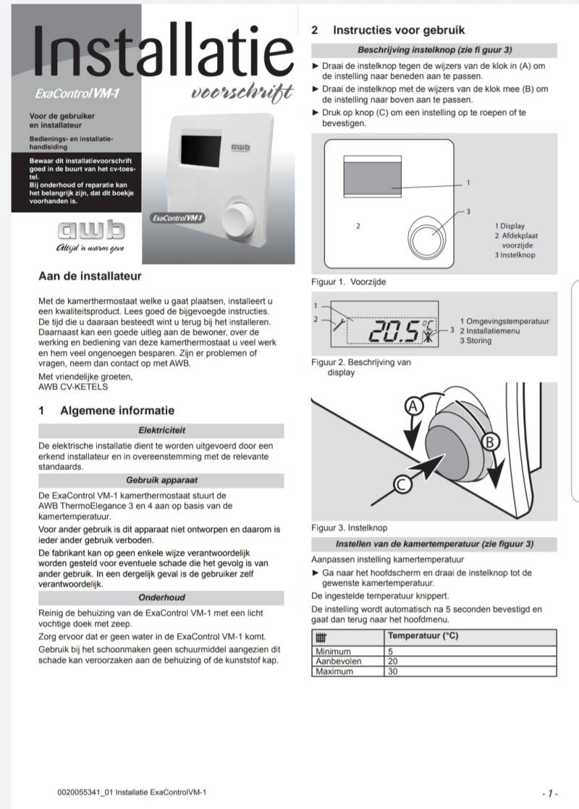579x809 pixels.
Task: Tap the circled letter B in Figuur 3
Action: pyautogui.click(x=489, y=440)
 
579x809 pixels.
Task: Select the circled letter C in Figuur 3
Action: pyautogui.click(x=404, y=485)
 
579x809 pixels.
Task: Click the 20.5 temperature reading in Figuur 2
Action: pyautogui.click(x=394, y=331)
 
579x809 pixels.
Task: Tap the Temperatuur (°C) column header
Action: pyautogui.click(x=423, y=637)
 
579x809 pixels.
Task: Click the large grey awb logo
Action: pyautogui.click(x=90, y=232)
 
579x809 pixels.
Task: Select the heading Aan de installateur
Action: pyautogui.click(x=90, y=276)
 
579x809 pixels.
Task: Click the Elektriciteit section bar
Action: pyautogui.click(x=161, y=430)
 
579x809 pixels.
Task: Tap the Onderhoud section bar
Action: pyautogui.click(x=161, y=597)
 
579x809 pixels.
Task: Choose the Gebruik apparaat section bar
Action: pyautogui.click(x=161, y=480)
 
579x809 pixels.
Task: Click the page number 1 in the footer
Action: pyautogui.click(x=551, y=793)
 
